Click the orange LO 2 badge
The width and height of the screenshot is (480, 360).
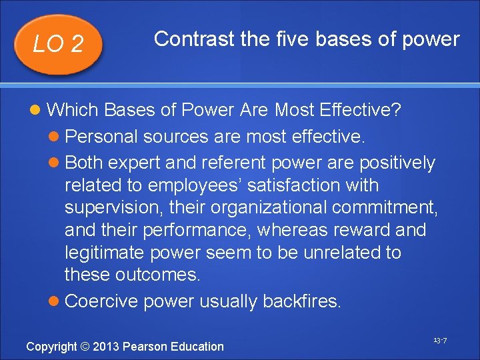tap(59, 44)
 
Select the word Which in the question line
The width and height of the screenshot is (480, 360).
tap(73, 109)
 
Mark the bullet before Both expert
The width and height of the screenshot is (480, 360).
tap(57, 163)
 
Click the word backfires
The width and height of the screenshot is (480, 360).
tap(301, 302)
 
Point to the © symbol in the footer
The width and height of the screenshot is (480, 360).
tap(85, 347)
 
